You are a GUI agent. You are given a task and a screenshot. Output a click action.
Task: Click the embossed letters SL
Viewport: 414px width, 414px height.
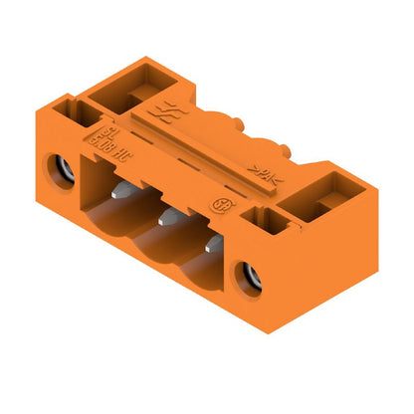point(101,129)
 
